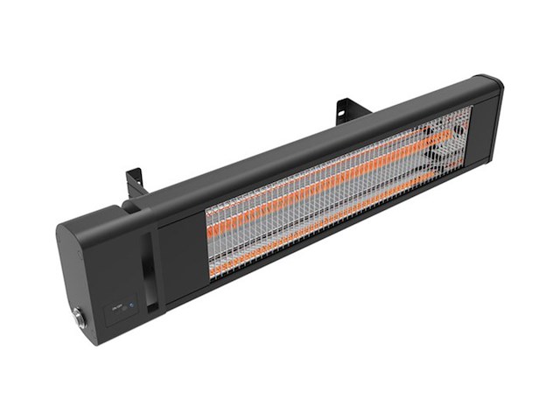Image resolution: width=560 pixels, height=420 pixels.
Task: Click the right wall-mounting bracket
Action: tap(348, 109)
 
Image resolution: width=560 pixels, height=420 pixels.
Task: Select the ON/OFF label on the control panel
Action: tap(116, 309)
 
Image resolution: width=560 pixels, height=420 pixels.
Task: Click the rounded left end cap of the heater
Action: tap(83, 280)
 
